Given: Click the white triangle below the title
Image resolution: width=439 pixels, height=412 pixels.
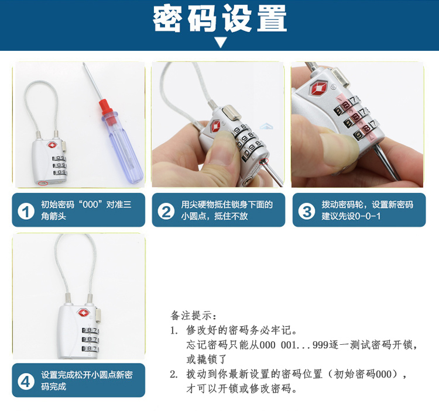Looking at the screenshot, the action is click(x=221, y=43).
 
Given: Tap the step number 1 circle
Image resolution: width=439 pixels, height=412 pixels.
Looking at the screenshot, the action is click(x=26, y=212).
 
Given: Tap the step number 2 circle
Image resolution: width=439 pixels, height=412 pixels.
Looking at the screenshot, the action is click(x=166, y=212).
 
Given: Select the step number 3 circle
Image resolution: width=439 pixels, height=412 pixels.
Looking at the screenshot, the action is click(x=306, y=212).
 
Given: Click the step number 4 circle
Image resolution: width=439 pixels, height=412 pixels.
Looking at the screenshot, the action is click(x=26, y=381).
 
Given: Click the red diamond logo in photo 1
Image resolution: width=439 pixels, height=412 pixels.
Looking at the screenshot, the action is click(x=52, y=145).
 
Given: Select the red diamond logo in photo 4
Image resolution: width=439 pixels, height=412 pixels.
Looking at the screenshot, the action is click(x=84, y=313).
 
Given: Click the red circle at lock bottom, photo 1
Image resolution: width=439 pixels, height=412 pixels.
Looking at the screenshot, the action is click(x=43, y=183).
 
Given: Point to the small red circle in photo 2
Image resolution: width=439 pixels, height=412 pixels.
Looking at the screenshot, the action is click(x=264, y=161).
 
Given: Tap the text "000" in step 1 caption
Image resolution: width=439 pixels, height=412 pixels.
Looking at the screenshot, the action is click(x=90, y=205).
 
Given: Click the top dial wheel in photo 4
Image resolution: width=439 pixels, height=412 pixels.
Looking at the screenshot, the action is click(x=90, y=330).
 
